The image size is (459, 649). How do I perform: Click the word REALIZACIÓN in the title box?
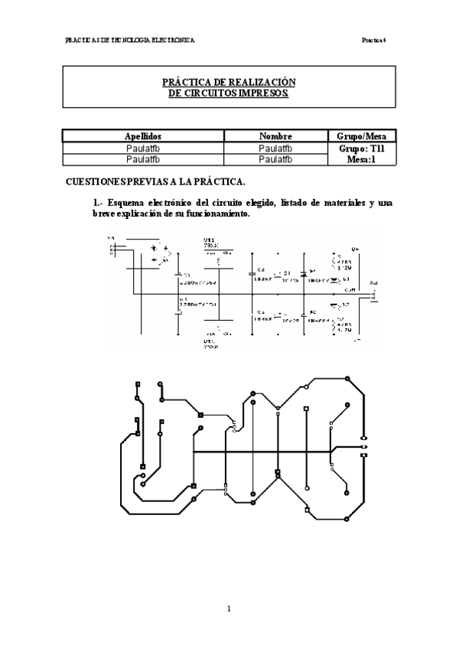pos(263,82)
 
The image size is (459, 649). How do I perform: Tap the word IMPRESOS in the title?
pos(262,93)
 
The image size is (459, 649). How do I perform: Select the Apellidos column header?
pos(142,135)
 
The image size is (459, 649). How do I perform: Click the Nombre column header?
pos(276,135)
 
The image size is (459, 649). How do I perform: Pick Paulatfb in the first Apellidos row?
pos(142,148)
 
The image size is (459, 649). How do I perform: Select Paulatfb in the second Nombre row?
pos(276,159)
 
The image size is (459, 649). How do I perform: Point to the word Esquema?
pos(126,203)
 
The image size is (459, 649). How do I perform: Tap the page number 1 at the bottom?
pos(229,609)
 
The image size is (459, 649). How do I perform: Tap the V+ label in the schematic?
pos(355,249)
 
